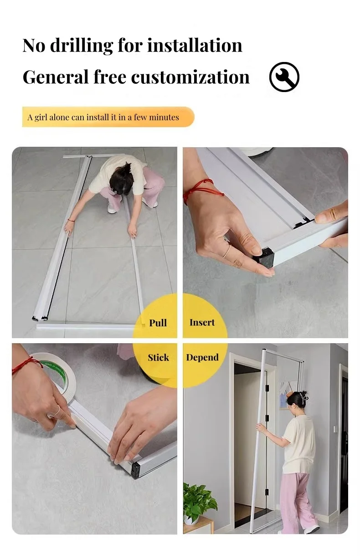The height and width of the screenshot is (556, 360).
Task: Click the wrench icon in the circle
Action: tap(284, 77)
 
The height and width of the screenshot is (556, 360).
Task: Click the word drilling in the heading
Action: tap(81, 46)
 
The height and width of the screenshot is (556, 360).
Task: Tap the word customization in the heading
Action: tap(190, 77)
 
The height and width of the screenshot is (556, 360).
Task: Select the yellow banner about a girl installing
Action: tap(108, 117)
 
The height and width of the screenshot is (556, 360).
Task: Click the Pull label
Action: tap(158, 323)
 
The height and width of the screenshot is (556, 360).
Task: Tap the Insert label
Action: tap(202, 322)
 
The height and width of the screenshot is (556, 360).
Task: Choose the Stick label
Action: tap(158, 357)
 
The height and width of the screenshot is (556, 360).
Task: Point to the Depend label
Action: tap(202, 357)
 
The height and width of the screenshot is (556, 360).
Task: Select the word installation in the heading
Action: tap(195, 46)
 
